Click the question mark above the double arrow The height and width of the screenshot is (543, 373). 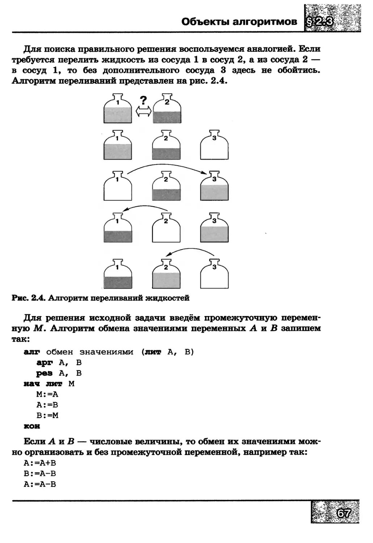pyautogui.click(x=144, y=100)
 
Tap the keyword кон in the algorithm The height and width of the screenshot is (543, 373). pyautogui.click(x=32, y=426)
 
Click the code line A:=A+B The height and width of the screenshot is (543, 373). pyautogui.click(x=40, y=463)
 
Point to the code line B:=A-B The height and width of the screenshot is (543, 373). pyautogui.click(x=40, y=473)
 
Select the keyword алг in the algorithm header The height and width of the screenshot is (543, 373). pyautogui.click(x=32, y=352)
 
